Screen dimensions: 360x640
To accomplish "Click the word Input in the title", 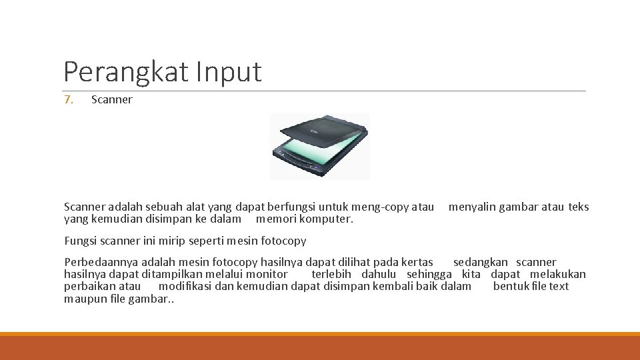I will coord(229,71).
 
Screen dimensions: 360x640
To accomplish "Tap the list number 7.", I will coord(69,100).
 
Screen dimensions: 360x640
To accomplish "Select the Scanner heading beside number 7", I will coord(111,100).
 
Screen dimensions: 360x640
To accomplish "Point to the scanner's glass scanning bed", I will coord(313,152).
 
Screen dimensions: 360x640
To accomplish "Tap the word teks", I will coord(579,207).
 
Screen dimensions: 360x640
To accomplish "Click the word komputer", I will coord(326,219).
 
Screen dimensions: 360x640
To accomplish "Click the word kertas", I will coord(415,262).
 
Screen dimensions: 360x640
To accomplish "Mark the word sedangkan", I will coord(480,262).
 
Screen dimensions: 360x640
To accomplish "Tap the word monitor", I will coord(267,274).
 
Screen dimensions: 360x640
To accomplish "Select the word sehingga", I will coord(429,274).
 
